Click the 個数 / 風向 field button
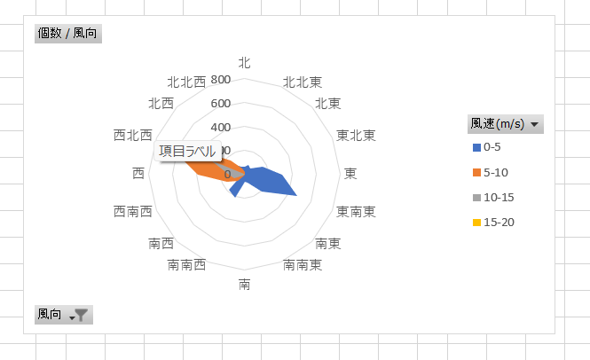coord(67,35)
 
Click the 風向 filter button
coord(63,315)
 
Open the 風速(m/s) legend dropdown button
coord(505,124)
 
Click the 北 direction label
coord(245,62)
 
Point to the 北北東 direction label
coord(302,82)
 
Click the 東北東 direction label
coord(356,136)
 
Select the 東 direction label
coord(351,174)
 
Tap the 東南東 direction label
coord(356,212)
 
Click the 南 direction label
coord(245,285)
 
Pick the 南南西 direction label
coord(187,265)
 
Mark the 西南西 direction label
coord(133,212)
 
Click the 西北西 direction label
coord(133,136)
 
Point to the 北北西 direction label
coord(187,82)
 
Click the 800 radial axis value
coord(221,81)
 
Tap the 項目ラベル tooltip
coord(187,152)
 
